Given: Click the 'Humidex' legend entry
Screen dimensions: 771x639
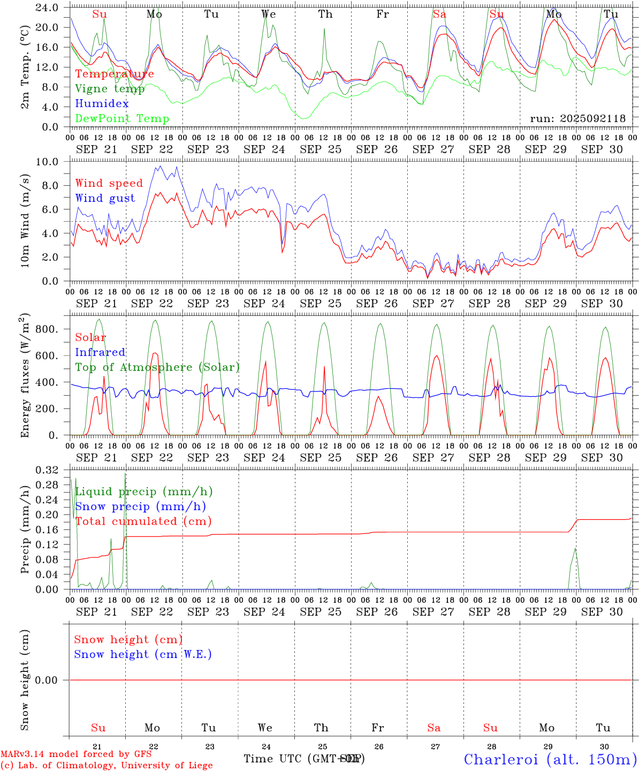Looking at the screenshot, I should tap(102, 104).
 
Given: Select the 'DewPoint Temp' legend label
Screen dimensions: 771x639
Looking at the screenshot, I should tap(122, 119).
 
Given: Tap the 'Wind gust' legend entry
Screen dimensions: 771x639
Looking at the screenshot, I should tap(105, 198).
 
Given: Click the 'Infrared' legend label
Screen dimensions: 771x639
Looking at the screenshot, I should tap(100, 352).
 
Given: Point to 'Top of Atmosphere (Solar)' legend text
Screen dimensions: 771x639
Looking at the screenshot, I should tap(157, 367).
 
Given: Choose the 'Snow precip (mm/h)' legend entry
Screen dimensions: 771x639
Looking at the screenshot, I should tap(140, 507).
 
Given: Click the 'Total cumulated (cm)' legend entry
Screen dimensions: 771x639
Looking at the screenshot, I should tap(143, 521).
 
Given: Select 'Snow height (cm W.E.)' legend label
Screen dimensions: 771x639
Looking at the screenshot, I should tap(142, 654).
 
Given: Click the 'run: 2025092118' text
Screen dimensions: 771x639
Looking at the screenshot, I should tap(577, 119).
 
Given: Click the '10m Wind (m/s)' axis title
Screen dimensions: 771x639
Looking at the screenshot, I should tap(26, 222).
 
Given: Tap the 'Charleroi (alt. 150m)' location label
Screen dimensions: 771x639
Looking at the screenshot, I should tap(550, 759).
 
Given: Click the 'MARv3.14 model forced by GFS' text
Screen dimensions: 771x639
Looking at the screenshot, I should tap(75, 754).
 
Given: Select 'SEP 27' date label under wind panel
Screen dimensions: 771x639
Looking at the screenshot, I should tap(433, 304).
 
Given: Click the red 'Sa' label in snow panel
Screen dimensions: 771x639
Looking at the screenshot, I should tap(434, 728).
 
